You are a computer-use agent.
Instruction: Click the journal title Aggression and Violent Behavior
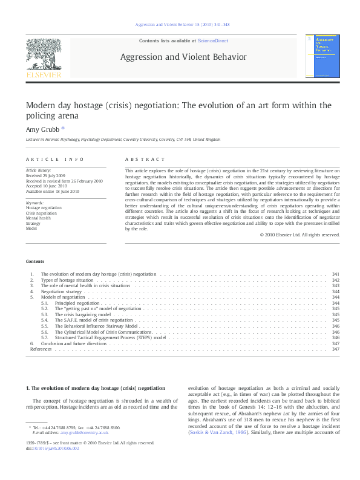(x=184, y=57)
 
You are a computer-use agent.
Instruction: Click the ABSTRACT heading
(x=144, y=160)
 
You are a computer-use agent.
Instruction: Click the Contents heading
(x=34, y=261)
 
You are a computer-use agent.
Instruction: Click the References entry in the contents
(x=41, y=349)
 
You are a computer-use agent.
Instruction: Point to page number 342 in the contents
(x=336, y=281)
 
